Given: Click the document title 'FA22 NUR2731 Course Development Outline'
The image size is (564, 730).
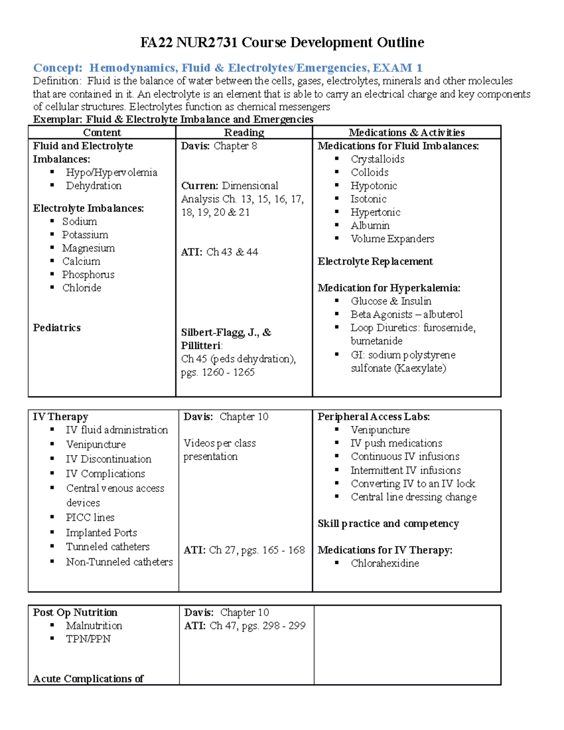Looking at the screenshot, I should pyautogui.click(x=282, y=43).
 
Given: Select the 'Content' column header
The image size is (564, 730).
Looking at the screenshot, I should pyautogui.click(x=102, y=133).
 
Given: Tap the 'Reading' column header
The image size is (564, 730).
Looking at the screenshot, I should pyautogui.click(x=244, y=133).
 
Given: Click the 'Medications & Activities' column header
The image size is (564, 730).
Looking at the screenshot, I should pyautogui.click(x=407, y=133).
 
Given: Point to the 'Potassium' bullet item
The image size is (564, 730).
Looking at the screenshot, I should pyautogui.click(x=85, y=235).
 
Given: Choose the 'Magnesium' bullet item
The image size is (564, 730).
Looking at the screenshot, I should pyautogui.click(x=88, y=248).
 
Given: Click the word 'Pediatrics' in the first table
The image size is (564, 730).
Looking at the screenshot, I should pyautogui.click(x=57, y=328).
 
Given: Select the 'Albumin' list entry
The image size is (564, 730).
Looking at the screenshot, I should pyautogui.click(x=370, y=226).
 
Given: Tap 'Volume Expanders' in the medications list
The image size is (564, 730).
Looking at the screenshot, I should pyautogui.click(x=392, y=239).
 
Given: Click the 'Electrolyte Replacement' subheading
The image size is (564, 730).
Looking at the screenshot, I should pyautogui.click(x=375, y=261).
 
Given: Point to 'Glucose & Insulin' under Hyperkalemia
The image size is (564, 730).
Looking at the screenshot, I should pyautogui.click(x=391, y=301).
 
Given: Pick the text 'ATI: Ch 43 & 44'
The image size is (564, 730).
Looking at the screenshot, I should pyautogui.click(x=219, y=252).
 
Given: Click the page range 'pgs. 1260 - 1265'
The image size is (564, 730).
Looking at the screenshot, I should pyautogui.click(x=218, y=372).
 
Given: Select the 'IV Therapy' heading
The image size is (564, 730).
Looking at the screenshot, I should pyautogui.click(x=61, y=417).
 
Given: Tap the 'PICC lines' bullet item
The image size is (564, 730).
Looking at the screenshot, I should pyautogui.click(x=90, y=518).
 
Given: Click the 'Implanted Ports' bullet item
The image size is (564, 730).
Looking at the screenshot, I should pyautogui.click(x=102, y=533).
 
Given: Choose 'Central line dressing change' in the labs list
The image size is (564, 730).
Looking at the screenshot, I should pyautogui.click(x=414, y=497).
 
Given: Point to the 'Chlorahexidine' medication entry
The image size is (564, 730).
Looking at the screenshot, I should pyautogui.click(x=385, y=563).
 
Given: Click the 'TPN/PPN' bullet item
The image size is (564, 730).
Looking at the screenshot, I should pyautogui.click(x=88, y=639).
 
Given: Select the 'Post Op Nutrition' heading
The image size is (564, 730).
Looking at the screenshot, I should pyautogui.click(x=75, y=612).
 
